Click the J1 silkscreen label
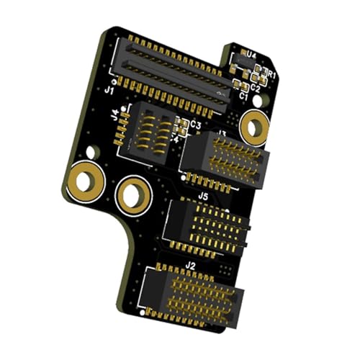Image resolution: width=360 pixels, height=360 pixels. [x=109, y=91]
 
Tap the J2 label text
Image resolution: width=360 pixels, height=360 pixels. [x=190, y=266]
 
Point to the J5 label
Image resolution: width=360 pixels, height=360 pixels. [x=203, y=195]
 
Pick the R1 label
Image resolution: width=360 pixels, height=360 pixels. [x=271, y=74]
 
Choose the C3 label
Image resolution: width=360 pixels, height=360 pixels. [x=194, y=125]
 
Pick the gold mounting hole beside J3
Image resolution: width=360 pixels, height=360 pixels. [x=253, y=127]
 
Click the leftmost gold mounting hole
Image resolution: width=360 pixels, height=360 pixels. [x=84, y=180]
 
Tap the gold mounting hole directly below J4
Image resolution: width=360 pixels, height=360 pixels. [x=133, y=194]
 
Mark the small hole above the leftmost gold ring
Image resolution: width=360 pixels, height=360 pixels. [x=91, y=153]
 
